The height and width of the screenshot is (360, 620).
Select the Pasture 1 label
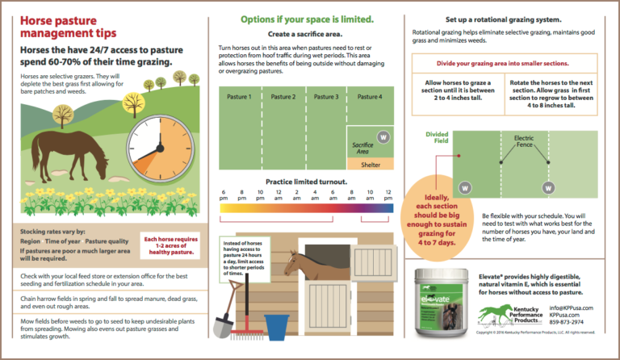pos(240,97)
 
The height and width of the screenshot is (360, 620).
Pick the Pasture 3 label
pos(325,97)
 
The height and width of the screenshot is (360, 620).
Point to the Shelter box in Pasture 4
pos(371,164)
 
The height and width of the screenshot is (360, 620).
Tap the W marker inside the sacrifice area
pos(383,137)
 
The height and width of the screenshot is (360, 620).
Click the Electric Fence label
pos(524,143)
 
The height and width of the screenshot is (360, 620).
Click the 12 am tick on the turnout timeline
pos(279,194)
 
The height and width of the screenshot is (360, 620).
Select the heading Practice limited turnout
pos(306,182)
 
